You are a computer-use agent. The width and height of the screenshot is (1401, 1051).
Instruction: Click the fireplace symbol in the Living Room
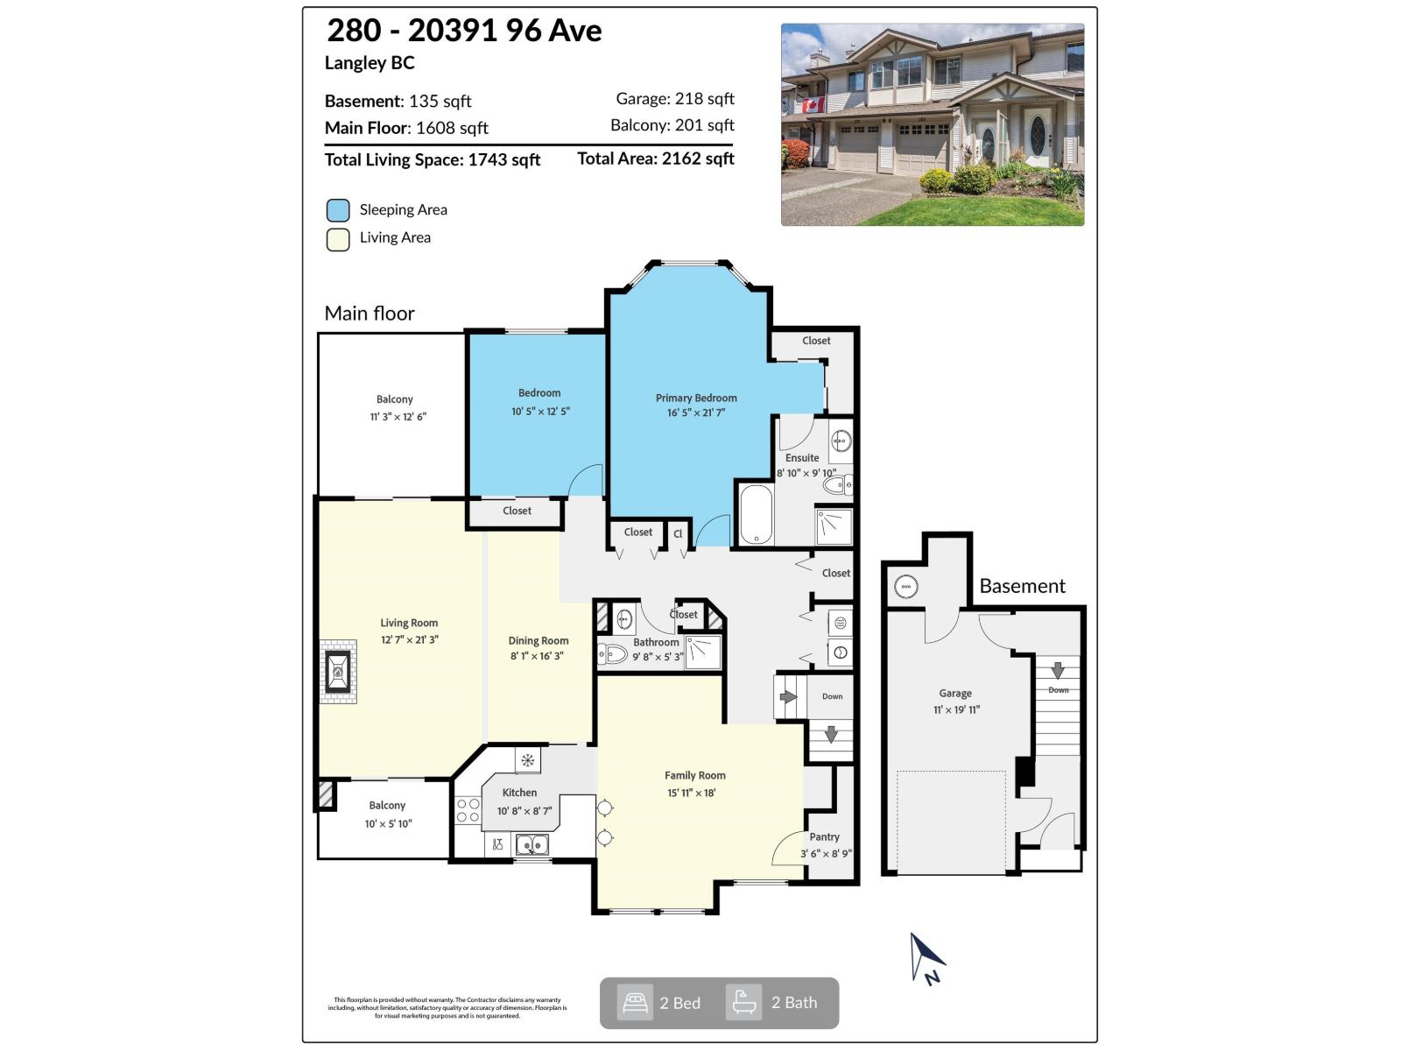click(x=338, y=672)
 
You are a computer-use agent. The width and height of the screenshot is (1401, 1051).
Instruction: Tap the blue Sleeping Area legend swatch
click(x=338, y=210)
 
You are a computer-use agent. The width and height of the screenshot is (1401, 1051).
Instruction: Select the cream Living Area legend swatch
click(x=338, y=239)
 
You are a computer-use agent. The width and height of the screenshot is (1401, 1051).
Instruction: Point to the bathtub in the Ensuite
click(x=756, y=515)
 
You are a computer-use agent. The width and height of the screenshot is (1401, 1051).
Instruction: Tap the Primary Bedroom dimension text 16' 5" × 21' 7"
click(x=695, y=413)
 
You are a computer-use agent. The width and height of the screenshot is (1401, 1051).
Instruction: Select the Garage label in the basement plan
click(x=955, y=693)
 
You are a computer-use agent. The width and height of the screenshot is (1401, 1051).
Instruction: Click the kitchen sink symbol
click(x=532, y=844)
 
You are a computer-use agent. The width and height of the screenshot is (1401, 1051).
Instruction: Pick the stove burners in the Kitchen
click(x=468, y=810)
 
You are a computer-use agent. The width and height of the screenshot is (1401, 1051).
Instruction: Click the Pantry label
click(x=824, y=837)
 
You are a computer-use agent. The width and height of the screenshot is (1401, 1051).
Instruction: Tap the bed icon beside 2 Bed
click(x=635, y=1003)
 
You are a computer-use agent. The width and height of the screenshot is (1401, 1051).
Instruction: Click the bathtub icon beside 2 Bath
click(x=744, y=1003)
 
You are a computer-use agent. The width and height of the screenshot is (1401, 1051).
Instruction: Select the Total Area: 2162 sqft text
click(x=655, y=159)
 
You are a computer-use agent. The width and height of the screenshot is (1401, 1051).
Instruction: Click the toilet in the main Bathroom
click(x=612, y=653)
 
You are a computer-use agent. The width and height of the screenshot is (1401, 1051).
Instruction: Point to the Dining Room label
click(x=538, y=641)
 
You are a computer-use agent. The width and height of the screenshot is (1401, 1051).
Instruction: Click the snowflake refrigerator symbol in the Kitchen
click(x=527, y=760)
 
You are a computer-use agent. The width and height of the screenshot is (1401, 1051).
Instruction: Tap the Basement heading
click(x=1022, y=586)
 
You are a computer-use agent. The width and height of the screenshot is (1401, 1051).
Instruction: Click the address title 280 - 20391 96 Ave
click(x=464, y=31)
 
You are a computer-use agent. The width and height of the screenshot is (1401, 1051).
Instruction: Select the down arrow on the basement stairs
click(x=1058, y=672)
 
